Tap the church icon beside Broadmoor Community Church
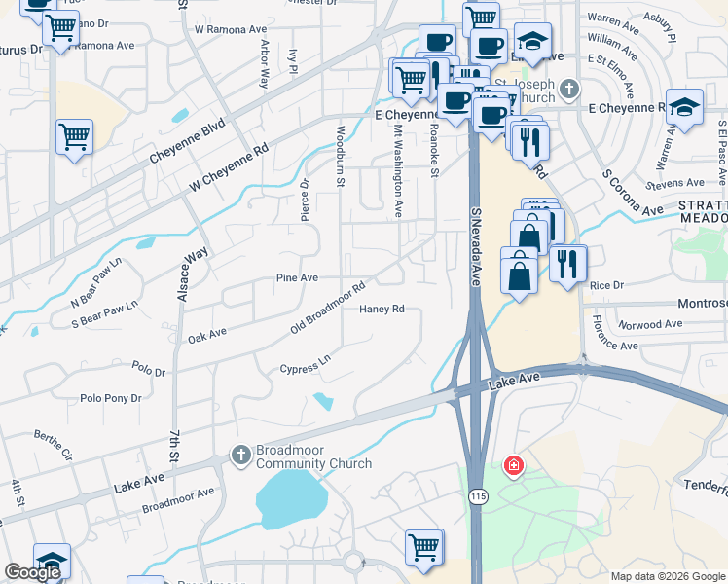(x=240, y=454)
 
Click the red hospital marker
(x=512, y=468)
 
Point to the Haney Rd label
(x=382, y=310)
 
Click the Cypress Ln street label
(x=306, y=368)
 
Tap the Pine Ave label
(x=297, y=277)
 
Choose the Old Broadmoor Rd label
(x=328, y=309)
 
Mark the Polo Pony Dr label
(x=111, y=398)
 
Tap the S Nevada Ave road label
(x=476, y=244)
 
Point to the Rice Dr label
(x=605, y=285)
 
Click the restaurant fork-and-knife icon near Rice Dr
(x=567, y=262)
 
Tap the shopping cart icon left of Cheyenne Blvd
(x=74, y=137)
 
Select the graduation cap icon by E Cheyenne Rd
(x=685, y=108)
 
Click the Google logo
(x=32, y=572)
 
